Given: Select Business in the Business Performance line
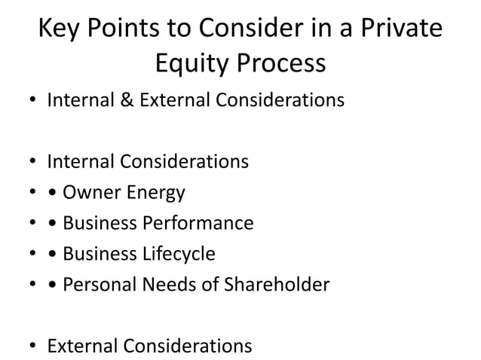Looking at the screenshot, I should click(x=98, y=224).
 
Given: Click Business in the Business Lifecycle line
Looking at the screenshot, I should click(x=98, y=255).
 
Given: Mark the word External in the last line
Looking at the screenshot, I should click(x=80, y=346).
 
